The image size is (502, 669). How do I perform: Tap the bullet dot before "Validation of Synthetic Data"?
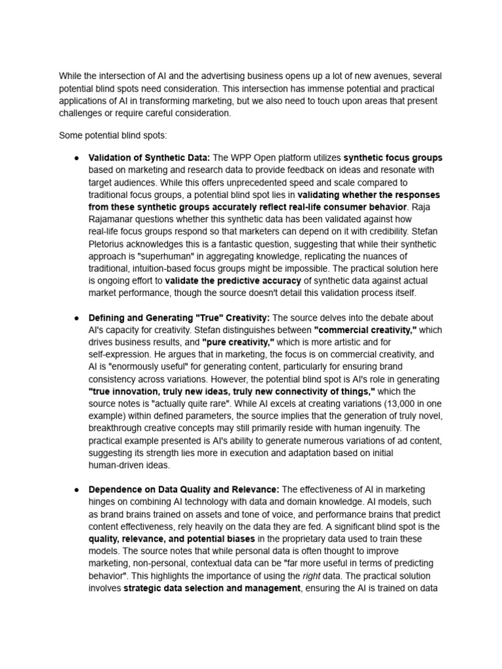[x=76, y=158]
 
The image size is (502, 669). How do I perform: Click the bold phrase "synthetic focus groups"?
[x=393, y=157]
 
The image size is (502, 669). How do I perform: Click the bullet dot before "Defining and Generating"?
[x=76, y=318]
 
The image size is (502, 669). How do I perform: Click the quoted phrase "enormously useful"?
[x=140, y=367]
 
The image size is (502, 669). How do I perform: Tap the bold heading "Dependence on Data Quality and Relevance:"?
[x=184, y=489]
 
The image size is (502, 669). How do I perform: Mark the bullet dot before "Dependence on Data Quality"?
[x=76, y=490]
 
